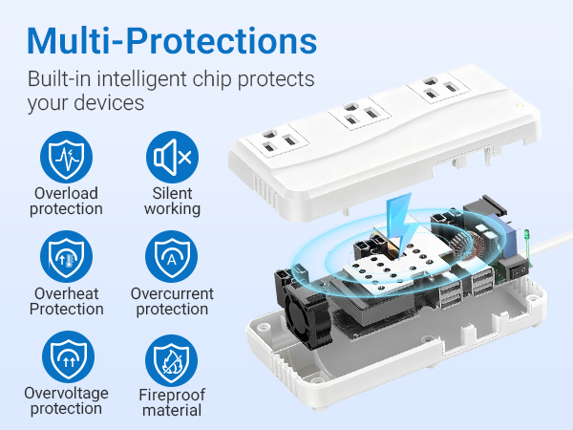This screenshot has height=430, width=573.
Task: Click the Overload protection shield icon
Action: (x=66, y=157)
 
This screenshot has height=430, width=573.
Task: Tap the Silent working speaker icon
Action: (x=172, y=157)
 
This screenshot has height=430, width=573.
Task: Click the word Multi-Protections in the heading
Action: (x=172, y=39)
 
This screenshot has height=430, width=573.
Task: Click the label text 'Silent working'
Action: (x=172, y=201)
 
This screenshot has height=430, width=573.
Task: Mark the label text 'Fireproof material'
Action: (x=172, y=402)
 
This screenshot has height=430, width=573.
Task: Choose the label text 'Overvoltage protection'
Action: (x=66, y=401)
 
